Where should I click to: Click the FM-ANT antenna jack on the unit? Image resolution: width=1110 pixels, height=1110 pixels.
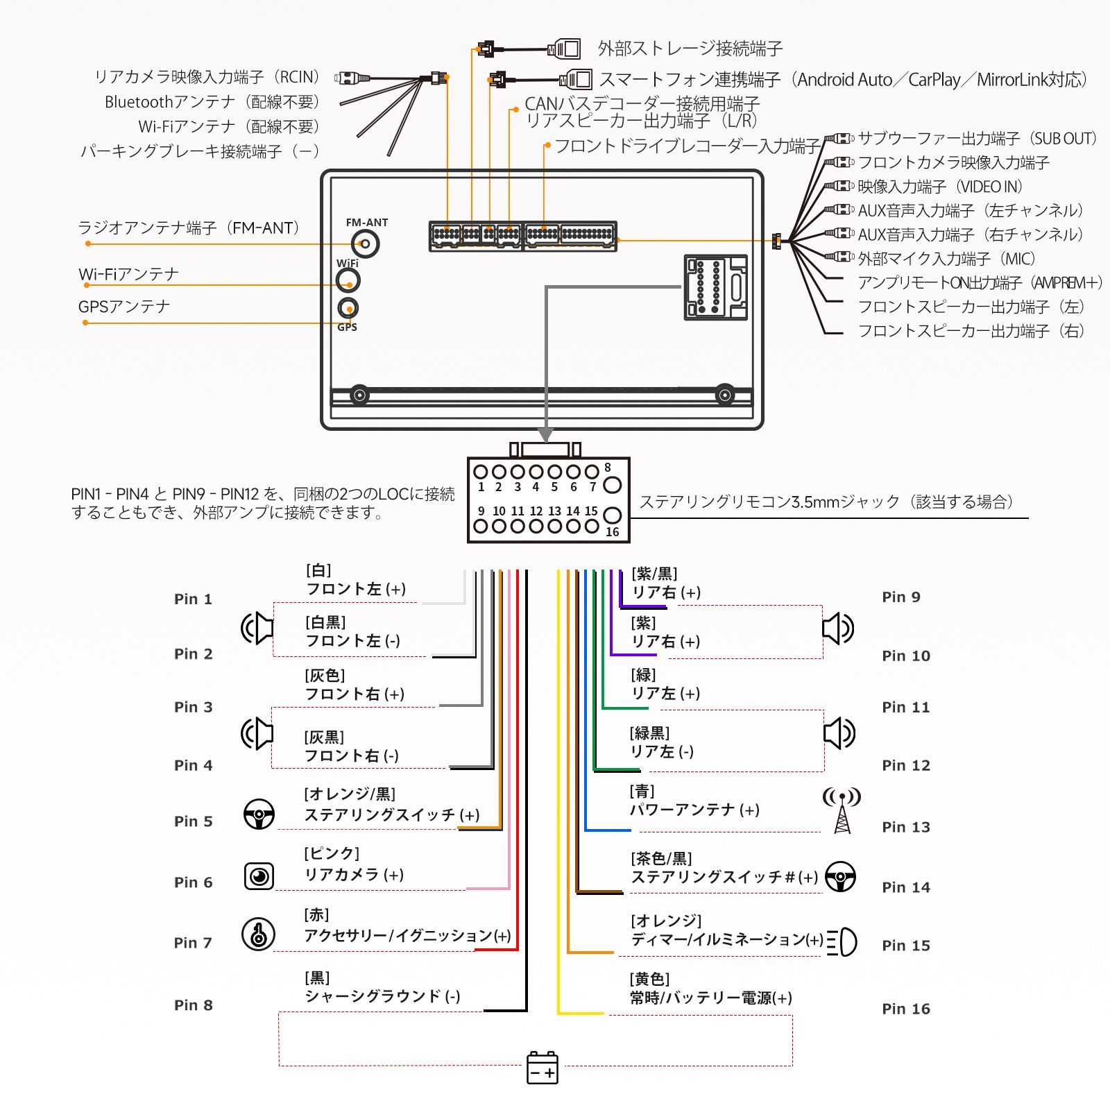pyautogui.click(x=365, y=244)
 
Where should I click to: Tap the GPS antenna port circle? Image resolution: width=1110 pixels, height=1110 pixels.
pyautogui.click(x=348, y=308)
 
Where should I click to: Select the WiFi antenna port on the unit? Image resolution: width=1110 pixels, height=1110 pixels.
pyautogui.click(x=348, y=280)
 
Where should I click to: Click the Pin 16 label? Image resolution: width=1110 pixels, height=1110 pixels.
pyautogui.click(x=905, y=1009)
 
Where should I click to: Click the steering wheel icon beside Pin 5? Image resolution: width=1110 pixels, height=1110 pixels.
pyautogui.click(x=259, y=814)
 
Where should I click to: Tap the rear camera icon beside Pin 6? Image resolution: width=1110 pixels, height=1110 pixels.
pyautogui.click(x=259, y=876)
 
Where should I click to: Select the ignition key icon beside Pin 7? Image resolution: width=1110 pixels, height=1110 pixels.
pyautogui.click(x=258, y=934)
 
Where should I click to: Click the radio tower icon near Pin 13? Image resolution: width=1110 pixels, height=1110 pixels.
pyautogui.click(x=842, y=810)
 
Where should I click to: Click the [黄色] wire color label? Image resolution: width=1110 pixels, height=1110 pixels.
pyautogui.click(x=649, y=979)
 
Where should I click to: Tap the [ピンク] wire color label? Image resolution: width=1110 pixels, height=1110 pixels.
pyautogui.click(x=332, y=853)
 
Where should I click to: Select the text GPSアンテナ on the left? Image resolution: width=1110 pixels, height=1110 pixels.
pyautogui.click(x=124, y=307)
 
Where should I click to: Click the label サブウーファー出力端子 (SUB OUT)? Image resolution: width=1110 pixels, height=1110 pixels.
pyautogui.click(x=977, y=138)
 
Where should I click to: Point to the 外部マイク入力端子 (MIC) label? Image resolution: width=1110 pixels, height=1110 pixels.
pyautogui.click(x=946, y=259)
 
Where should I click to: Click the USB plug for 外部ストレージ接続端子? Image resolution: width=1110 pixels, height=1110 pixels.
pyautogui.click(x=564, y=49)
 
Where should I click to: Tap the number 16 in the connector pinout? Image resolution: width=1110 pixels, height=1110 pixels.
pyautogui.click(x=612, y=532)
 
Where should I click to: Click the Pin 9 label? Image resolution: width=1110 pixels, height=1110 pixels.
pyautogui.click(x=900, y=597)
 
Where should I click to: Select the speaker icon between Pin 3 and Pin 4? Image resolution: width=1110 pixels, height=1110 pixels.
pyautogui.click(x=257, y=733)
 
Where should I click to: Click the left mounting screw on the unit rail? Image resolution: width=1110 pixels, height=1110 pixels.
pyautogui.click(x=359, y=395)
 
